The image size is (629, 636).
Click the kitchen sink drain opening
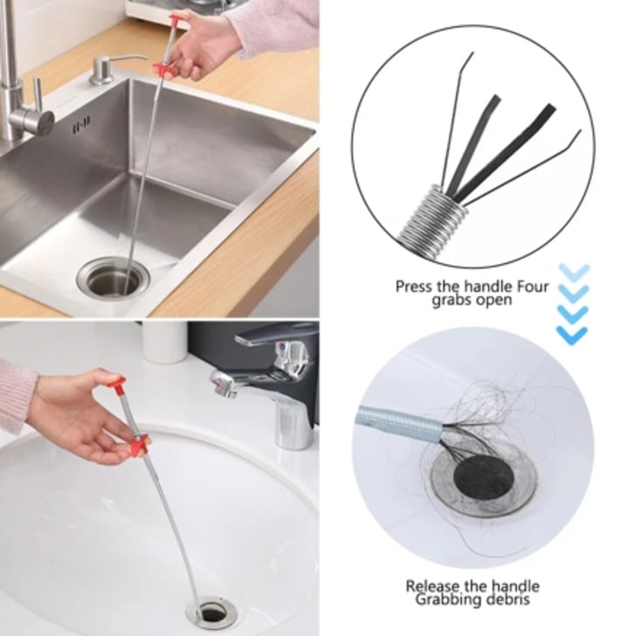(114, 278)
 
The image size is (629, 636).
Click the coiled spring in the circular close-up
(432, 215)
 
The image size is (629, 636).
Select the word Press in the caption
(415, 287)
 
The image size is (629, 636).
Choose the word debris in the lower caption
(507, 599)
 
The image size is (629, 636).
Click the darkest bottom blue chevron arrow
(572, 335)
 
